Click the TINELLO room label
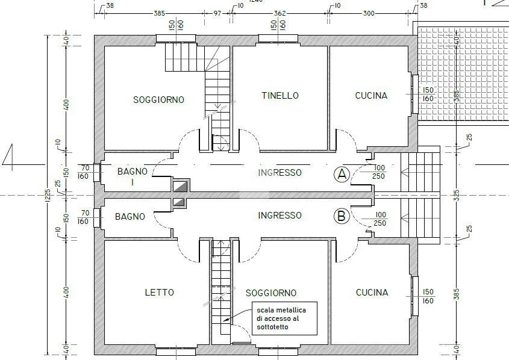point(280,96)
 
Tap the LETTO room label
point(160,293)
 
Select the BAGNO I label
point(133,176)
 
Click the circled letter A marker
point(342,175)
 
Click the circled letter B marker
point(342,216)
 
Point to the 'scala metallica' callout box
point(285,318)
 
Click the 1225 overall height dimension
point(48,196)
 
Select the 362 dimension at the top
point(280,13)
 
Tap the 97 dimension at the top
point(217,13)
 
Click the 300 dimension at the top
point(369,13)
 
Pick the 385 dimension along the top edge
point(160,13)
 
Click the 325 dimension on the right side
point(457,195)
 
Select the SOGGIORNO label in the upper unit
point(159,99)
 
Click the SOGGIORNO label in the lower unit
point(271,293)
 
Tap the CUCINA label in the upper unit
point(372,96)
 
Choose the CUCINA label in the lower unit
point(372,293)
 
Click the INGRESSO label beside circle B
point(280,216)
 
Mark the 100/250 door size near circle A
point(379,172)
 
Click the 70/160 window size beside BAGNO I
point(84,172)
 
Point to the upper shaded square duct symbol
point(180,186)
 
